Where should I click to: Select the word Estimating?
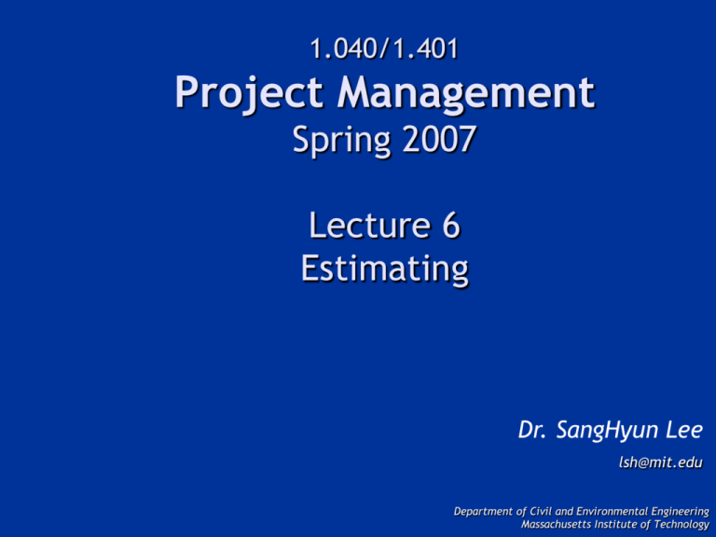(x=383, y=268)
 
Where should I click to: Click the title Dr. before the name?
(x=534, y=430)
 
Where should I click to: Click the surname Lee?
(x=680, y=430)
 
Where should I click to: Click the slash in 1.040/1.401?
(x=383, y=46)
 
